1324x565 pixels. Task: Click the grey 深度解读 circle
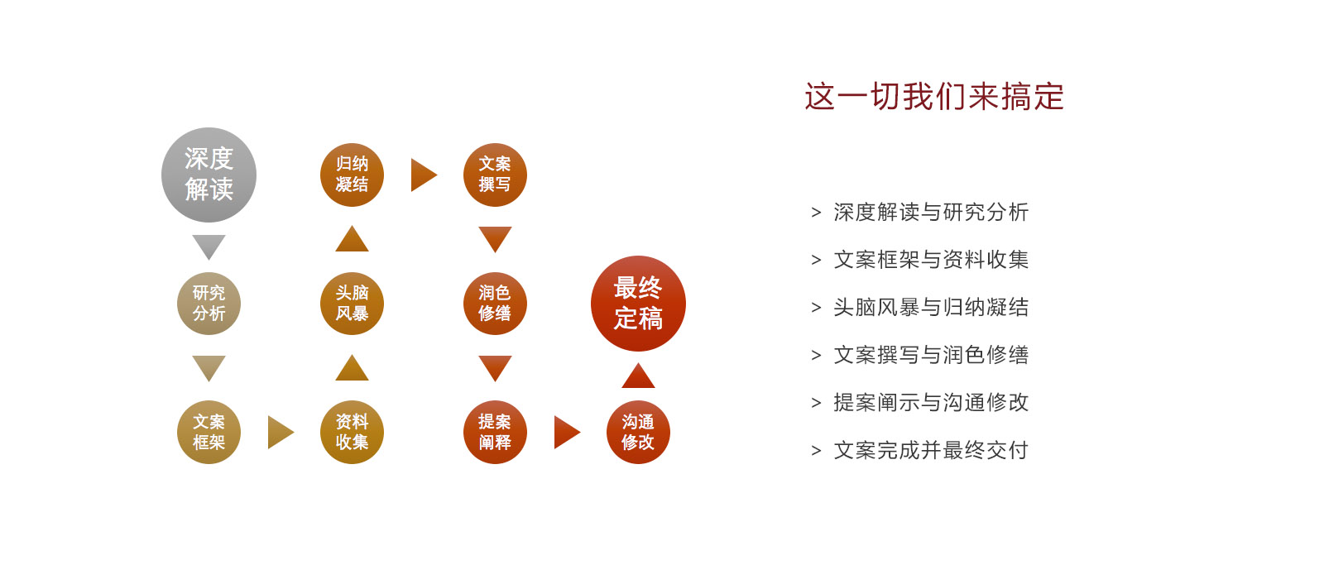point(209,175)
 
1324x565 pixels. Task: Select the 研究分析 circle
point(209,304)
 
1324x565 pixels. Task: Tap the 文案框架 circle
point(209,432)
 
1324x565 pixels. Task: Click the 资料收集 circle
point(352,432)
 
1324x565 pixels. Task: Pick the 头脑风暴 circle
point(352,304)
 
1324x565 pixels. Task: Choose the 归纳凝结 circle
point(352,175)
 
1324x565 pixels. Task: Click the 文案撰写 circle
point(495,175)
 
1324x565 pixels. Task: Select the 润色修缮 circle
point(495,304)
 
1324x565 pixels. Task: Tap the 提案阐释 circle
point(495,432)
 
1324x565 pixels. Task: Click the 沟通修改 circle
point(638,432)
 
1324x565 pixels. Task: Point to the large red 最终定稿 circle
point(638,304)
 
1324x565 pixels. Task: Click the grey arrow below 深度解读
point(209,246)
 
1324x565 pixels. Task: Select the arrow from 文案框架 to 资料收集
point(281,432)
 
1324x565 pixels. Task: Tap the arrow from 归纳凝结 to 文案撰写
point(423,175)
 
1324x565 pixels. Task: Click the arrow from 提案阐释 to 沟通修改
point(566,432)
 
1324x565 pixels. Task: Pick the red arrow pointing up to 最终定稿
point(638,376)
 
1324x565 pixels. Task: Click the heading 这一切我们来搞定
point(934,96)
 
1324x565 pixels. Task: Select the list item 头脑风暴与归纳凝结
point(931,308)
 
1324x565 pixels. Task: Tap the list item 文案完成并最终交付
point(931,450)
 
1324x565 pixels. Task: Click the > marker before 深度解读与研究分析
point(816,212)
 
